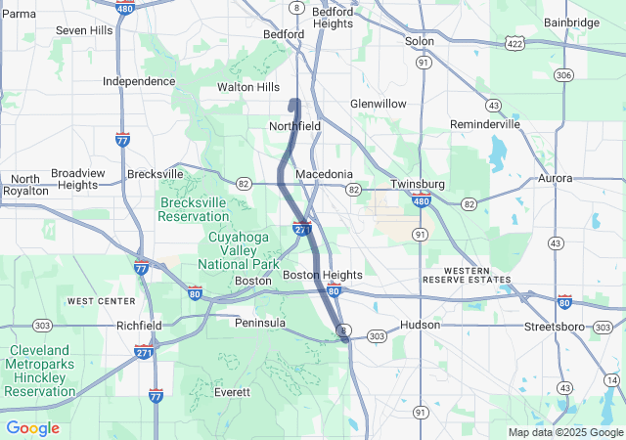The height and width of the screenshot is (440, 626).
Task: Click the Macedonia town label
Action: tap(324, 174)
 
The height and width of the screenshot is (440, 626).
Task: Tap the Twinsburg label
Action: tap(418, 184)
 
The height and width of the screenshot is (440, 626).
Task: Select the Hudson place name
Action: tap(421, 325)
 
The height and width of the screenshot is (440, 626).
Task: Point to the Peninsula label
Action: tap(260, 322)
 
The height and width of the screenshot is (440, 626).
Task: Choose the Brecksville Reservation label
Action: tap(193, 209)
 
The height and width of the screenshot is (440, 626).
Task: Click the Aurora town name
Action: tap(556, 178)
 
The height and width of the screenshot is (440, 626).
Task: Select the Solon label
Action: tap(420, 41)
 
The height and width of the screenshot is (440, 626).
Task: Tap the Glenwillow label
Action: tap(379, 103)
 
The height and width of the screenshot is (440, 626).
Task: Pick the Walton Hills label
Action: tap(247, 87)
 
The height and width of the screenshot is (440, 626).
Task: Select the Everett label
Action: tap(232, 392)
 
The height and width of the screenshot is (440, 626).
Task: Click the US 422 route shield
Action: tap(514, 43)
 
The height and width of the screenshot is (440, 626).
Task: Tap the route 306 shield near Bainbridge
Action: tap(562, 74)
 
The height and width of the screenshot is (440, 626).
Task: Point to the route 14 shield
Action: tap(611, 379)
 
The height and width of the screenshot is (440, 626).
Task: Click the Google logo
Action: tap(32, 428)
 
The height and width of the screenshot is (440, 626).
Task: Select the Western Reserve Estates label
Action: tap(477, 274)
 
